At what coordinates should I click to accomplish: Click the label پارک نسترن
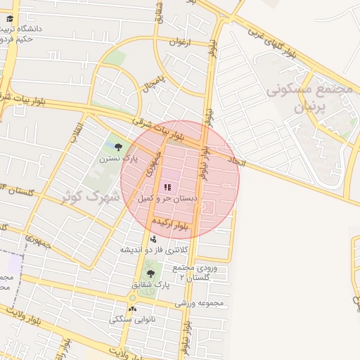pyautogui.click(x=117, y=160)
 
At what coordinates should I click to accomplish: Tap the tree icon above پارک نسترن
pyautogui.click(x=118, y=147)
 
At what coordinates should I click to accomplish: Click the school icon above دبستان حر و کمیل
pyautogui.click(x=167, y=186)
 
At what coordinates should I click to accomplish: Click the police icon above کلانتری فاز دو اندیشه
pyautogui.click(x=153, y=240)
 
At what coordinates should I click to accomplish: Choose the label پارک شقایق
pyautogui.click(x=150, y=285)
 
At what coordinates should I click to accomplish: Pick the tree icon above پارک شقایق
pyautogui.click(x=150, y=274)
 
